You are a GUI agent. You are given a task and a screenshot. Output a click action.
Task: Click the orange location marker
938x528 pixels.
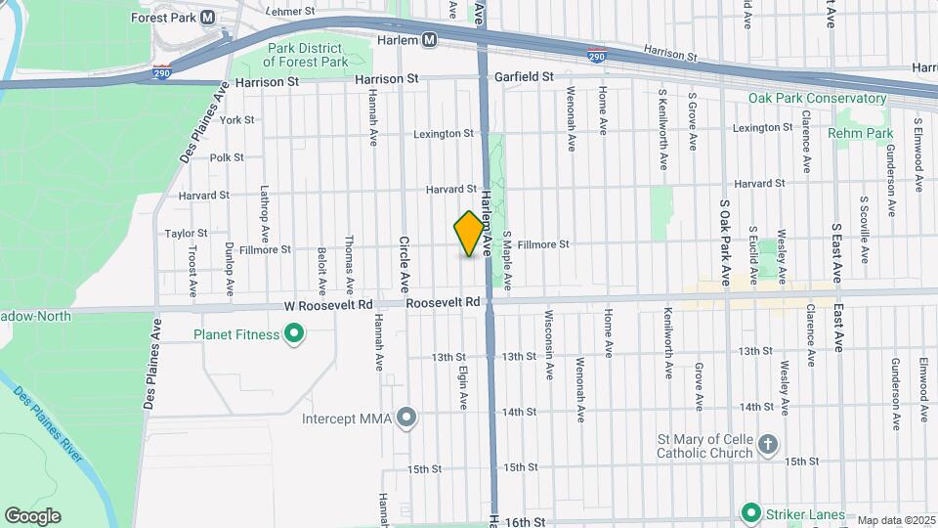click(x=470, y=234)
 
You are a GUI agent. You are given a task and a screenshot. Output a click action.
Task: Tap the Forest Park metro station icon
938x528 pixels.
click(x=207, y=18)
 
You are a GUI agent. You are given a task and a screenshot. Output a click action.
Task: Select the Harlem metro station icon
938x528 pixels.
click(x=429, y=40)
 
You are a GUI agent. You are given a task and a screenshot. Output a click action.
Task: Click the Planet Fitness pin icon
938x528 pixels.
click(x=293, y=335)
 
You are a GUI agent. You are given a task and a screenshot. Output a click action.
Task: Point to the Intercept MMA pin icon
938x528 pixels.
click(x=407, y=419)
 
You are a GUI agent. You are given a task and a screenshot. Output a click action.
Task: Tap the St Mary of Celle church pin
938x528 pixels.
click(x=768, y=443)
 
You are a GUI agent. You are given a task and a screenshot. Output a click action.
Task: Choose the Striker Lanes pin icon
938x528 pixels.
click(x=750, y=512)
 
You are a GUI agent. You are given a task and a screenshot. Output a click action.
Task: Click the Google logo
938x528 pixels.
click(x=31, y=515)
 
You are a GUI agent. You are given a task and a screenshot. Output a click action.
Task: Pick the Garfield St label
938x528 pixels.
click(x=523, y=76)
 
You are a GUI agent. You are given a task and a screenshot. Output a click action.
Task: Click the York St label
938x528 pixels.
click(x=237, y=120)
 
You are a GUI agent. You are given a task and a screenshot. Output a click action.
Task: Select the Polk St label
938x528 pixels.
click(x=227, y=157)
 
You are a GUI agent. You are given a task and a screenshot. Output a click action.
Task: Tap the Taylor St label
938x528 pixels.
click(x=186, y=233)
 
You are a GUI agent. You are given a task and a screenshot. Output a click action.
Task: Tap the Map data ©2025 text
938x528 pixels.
click(x=896, y=520)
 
